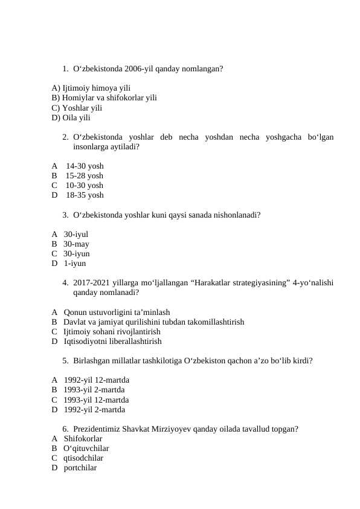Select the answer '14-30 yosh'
click(x=84, y=166)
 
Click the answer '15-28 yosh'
click(x=84, y=176)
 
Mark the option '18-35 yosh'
click(x=84, y=195)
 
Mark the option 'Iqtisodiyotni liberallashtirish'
click(x=112, y=342)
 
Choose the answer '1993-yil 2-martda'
click(x=94, y=390)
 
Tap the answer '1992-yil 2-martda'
click(x=94, y=410)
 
